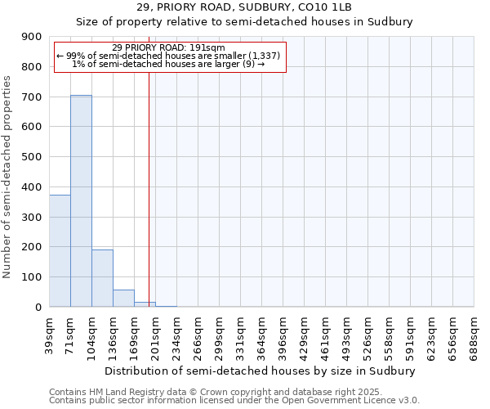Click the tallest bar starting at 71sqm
coord(81,200)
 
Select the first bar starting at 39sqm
coord(60,250)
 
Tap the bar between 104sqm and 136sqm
coord(102,278)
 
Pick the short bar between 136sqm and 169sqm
coord(123,299)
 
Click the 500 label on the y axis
coord(32,157)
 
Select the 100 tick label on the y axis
coord(32,277)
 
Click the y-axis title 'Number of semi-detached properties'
coord(8,177)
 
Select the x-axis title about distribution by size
coord(261,371)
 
